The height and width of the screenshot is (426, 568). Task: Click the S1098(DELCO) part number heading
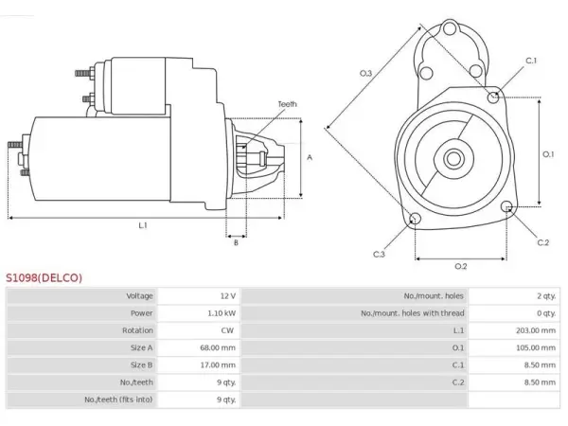tap(44, 277)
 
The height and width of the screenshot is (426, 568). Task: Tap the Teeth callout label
tap(287, 104)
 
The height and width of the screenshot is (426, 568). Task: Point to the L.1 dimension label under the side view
tap(143, 225)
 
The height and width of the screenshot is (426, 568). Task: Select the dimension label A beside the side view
tap(310, 157)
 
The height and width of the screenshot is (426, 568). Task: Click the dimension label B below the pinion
tap(236, 242)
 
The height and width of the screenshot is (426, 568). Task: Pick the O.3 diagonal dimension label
tap(365, 74)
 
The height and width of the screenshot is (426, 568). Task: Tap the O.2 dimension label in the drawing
tap(461, 267)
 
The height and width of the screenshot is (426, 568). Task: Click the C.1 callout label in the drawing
tap(531, 61)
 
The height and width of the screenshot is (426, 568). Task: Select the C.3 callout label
tap(379, 255)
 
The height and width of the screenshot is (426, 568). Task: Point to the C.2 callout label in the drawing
tap(543, 242)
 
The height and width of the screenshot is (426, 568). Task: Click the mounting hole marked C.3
tap(416, 219)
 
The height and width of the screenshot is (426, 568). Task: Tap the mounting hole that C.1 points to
tap(493, 98)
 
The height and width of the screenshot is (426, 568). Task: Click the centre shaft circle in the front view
tap(453, 159)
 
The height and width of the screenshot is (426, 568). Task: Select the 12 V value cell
tap(228, 296)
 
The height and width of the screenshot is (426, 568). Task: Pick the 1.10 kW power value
tap(222, 313)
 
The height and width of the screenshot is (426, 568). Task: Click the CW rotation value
tap(227, 330)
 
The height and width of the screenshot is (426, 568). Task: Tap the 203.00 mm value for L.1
tap(536, 330)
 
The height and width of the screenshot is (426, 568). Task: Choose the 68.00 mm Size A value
tap(218, 348)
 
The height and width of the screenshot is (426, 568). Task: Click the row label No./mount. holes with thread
tap(412, 313)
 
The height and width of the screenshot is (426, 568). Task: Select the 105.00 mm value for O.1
tap(536, 348)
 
